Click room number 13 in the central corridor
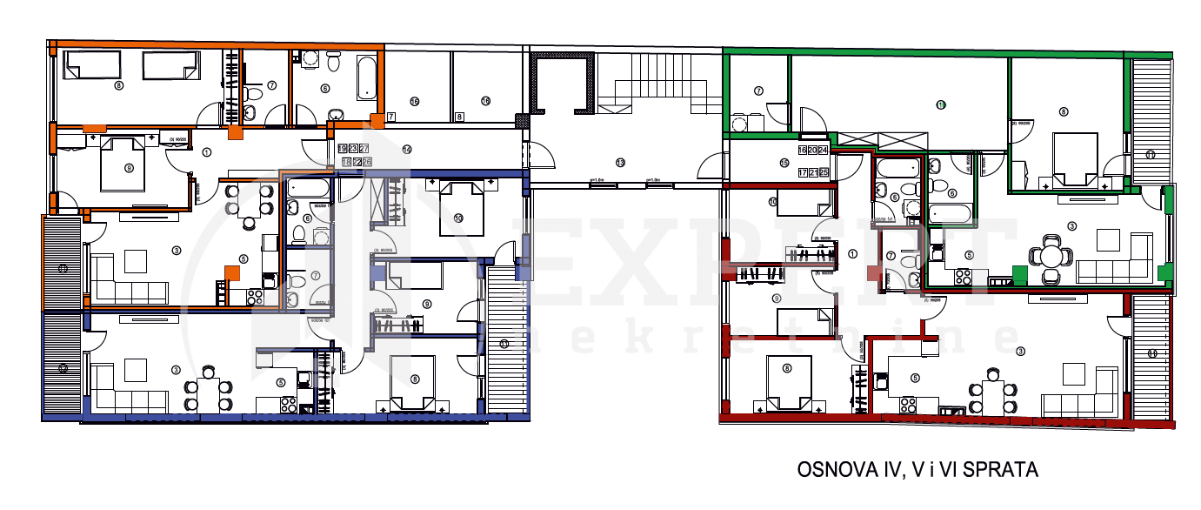tap(620, 163)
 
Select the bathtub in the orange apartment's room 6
tap(367, 77)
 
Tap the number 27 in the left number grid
tap(364, 150)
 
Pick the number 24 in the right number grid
tap(823, 150)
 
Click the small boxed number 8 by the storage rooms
tap(459, 116)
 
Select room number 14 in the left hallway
tap(406, 150)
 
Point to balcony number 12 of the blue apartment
tap(63, 368)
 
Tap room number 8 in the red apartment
tap(788, 368)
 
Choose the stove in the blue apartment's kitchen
tap(290, 405)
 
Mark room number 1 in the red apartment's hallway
tap(852, 255)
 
